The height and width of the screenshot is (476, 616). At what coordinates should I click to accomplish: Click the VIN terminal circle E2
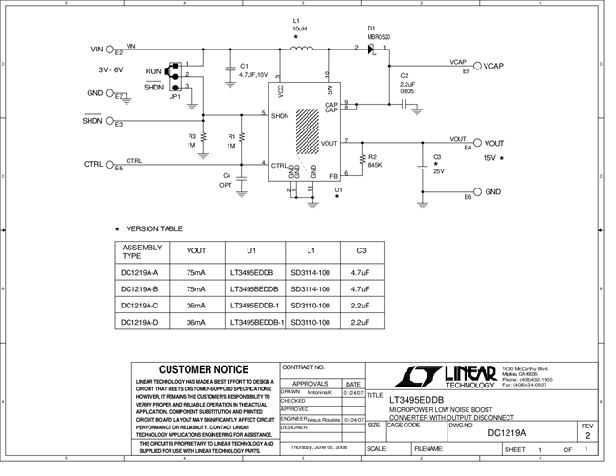pyautogui.click(x=111, y=49)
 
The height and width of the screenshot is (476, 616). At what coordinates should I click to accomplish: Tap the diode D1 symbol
pyautogui.click(x=371, y=49)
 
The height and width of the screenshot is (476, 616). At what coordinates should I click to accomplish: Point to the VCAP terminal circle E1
pyautogui.click(x=476, y=67)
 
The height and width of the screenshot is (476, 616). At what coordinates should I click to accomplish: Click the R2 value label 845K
pyautogui.click(x=375, y=165)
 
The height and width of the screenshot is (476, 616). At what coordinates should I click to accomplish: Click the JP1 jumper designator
pyautogui.click(x=176, y=96)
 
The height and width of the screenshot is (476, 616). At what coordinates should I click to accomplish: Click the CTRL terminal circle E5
pyautogui.click(x=111, y=165)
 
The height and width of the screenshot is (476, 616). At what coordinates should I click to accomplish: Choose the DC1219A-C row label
pyautogui.click(x=140, y=306)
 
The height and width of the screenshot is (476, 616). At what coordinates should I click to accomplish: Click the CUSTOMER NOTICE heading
pyautogui.click(x=203, y=369)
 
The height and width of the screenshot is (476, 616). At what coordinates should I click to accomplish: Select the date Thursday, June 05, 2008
pyautogui.click(x=320, y=446)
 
